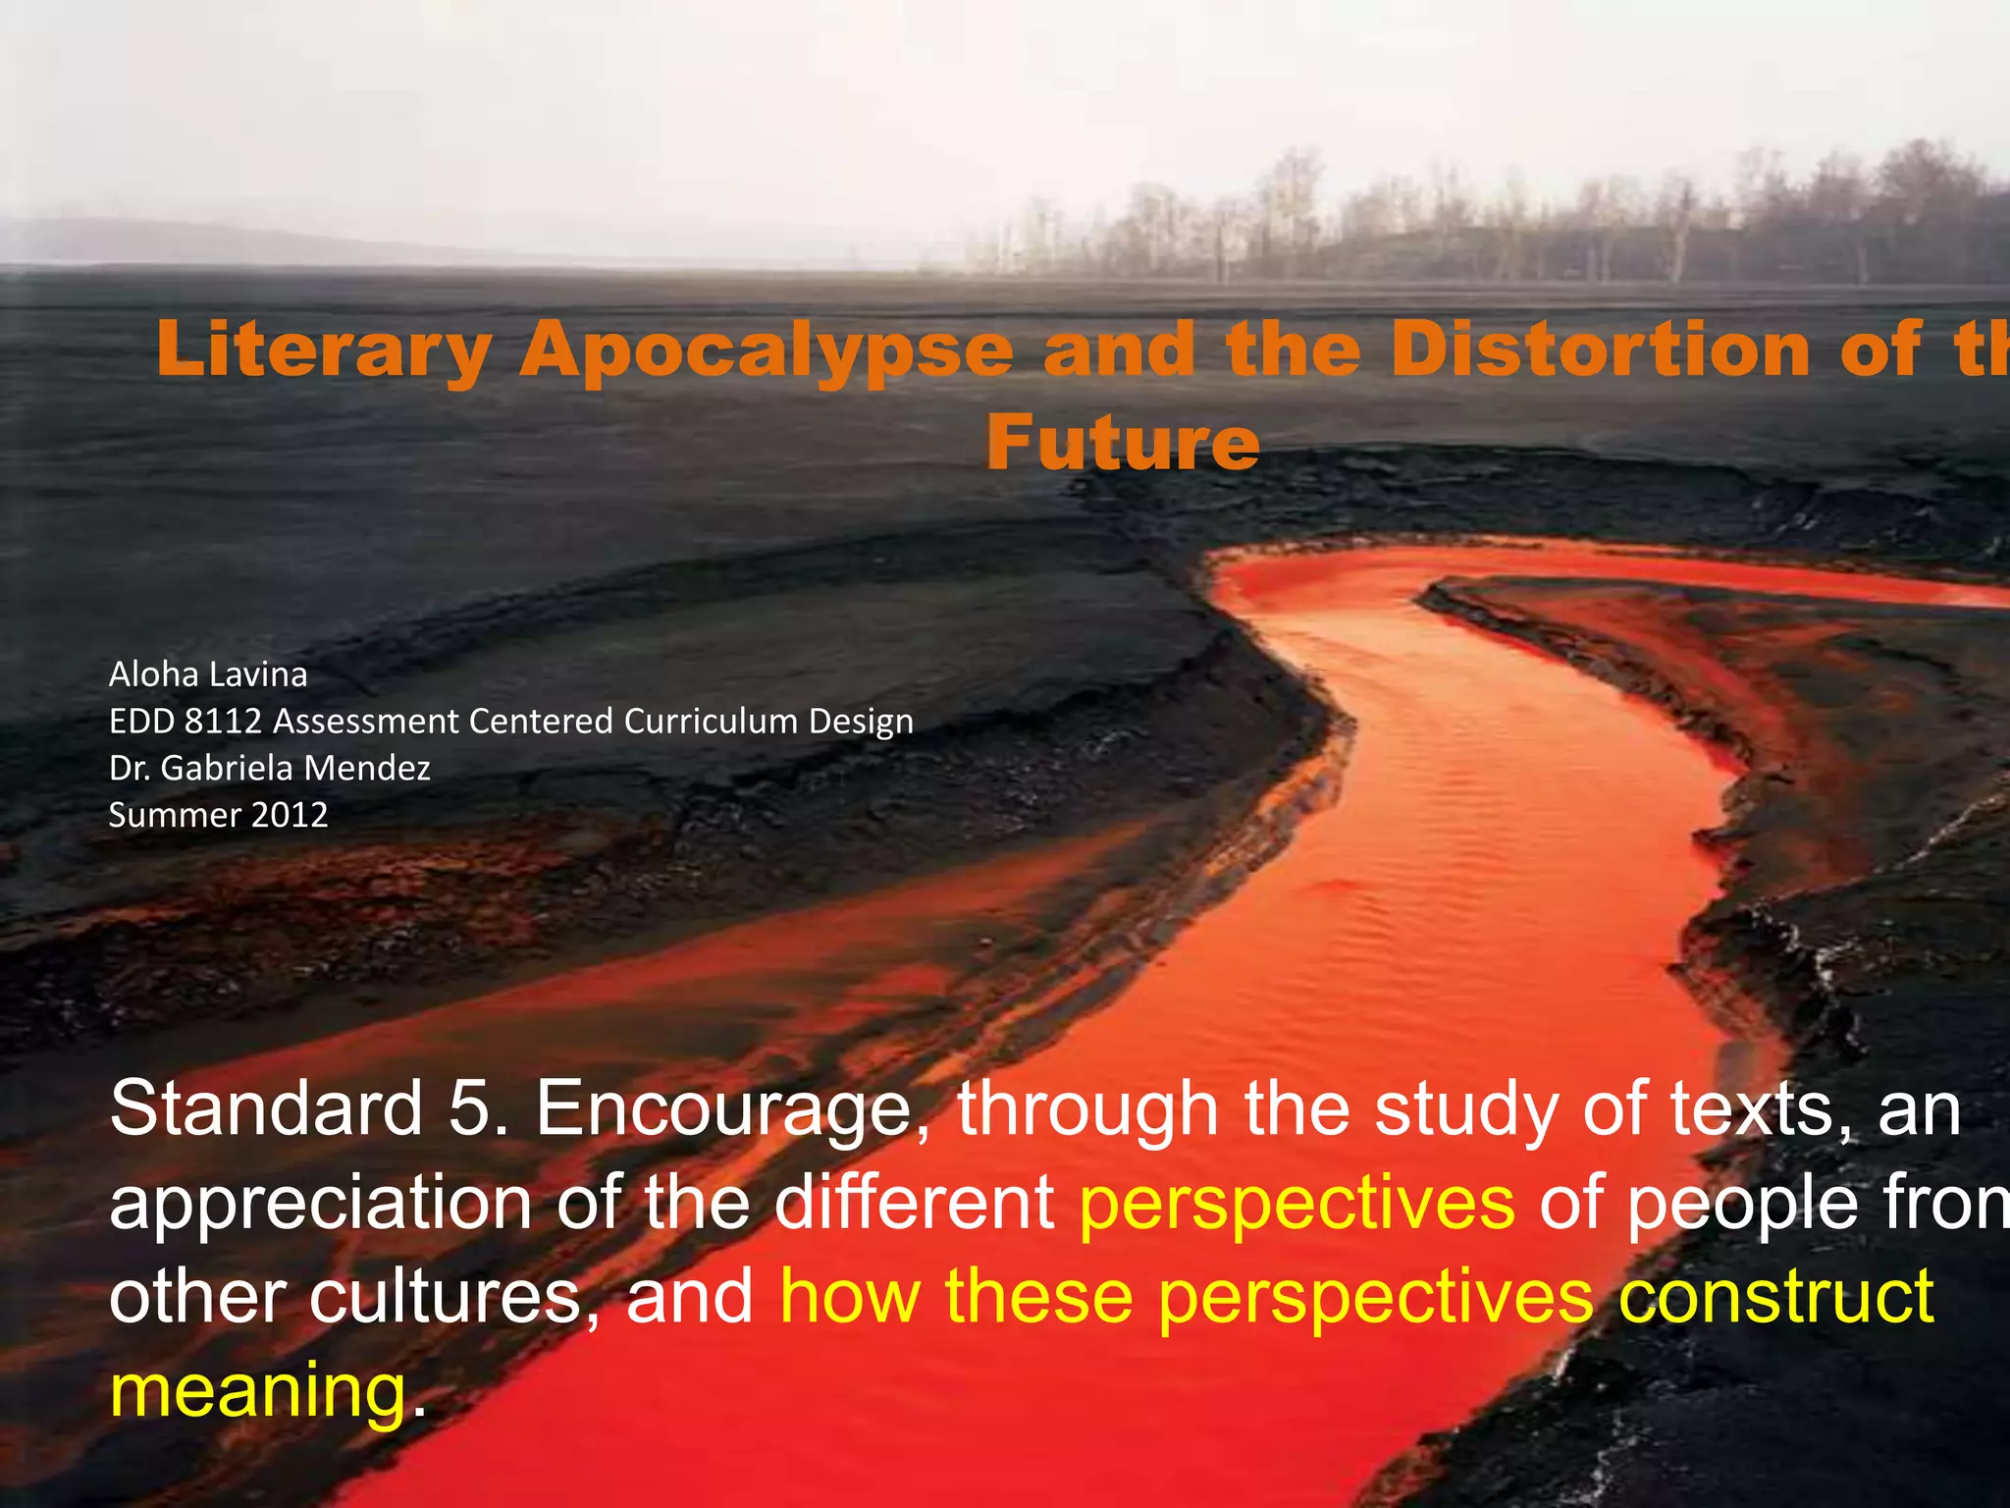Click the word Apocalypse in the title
[x=766, y=350]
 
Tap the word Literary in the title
[x=324, y=350]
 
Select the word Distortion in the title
[x=1600, y=350]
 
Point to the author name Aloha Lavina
[x=208, y=674]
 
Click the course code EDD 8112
[x=185, y=722]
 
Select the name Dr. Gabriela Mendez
[x=270, y=768]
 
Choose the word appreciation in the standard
[x=320, y=1204]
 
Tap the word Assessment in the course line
[x=366, y=722]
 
